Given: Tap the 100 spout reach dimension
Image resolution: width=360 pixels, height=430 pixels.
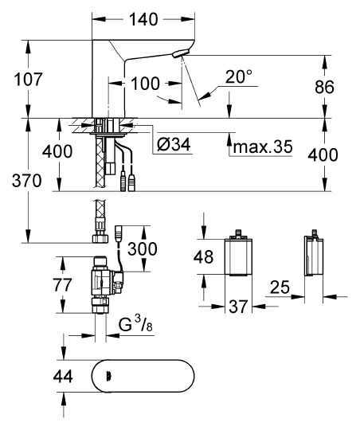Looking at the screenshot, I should click(x=146, y=81).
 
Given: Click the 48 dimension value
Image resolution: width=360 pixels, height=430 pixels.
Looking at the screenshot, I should click(x=205, y=257).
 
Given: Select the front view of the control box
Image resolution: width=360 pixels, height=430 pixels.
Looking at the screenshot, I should click(x=235, y=256).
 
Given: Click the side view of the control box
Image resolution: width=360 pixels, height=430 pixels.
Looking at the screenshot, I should click(x=313, y=256).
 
